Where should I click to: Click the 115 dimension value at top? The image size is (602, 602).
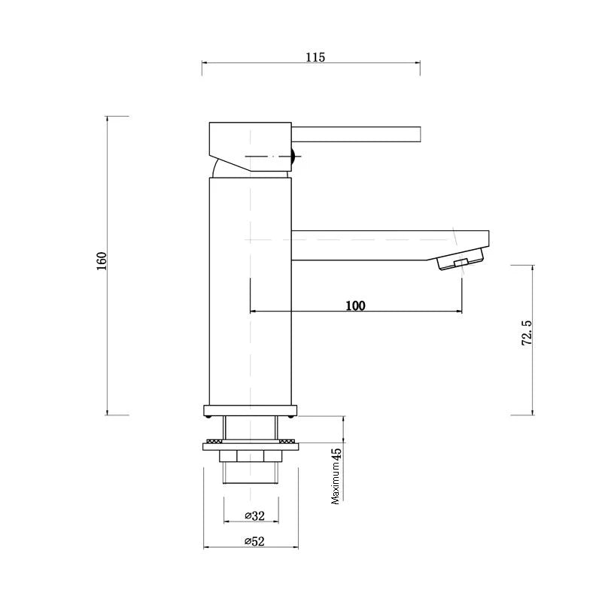coord(315,58)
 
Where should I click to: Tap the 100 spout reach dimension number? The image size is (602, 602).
coord(355,306)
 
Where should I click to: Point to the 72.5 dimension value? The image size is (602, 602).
coord(527,332)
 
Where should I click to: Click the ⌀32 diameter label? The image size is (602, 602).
coord(255,515)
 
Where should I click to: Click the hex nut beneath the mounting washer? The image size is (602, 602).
coord(251,456)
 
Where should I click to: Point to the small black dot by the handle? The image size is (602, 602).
coord(293,157)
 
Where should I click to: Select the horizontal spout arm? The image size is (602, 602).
coord(376,245)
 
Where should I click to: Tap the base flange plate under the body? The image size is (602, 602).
coord(251,411)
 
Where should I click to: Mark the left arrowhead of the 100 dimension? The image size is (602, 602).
coord(252,310)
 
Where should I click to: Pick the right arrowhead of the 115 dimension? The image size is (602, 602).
coord(417,64)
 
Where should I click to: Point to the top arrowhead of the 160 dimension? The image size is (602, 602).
coord(107,119)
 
